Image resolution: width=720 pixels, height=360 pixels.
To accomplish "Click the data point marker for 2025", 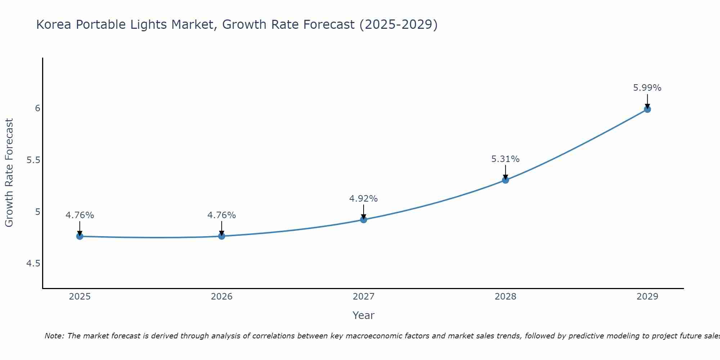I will pyautogui.click(x=80, y=237).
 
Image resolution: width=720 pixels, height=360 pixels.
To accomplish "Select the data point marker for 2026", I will pyautogui.click(x=222, y=236).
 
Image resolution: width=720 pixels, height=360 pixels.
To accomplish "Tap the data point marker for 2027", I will pyautogui.click(x=364, y=220).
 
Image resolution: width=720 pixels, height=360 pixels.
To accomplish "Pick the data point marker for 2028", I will pyautogui.click(x=505, y=180).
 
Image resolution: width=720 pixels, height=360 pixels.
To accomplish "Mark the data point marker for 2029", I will pyautogui.click(x=647, y=109).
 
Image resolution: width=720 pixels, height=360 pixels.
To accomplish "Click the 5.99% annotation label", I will pyautogui.click(x=647, y=88).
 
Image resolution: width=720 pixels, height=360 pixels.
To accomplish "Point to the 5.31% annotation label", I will pyautogui.click(x=505, y=159).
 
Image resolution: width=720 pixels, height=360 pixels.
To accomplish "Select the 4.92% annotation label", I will pyautogui.click(x=364, y=199).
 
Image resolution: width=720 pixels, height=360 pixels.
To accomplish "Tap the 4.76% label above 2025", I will pyautogui.click(x=80, y=215).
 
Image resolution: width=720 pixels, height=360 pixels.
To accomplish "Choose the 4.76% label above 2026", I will pyautogui.click(x=222, y=215).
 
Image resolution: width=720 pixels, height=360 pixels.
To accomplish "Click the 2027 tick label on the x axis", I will pyautogui.click(x=364, y=297).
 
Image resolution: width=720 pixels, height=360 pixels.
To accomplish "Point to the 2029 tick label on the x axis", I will pyautogui.click(x=647, y=297).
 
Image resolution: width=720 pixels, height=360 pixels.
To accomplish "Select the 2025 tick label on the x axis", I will pyautogui.click(x=80, y=297).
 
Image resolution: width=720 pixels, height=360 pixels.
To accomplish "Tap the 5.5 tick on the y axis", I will pyautogui.click(x=33, y=160).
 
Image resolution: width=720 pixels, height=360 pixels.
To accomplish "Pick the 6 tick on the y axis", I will pyautogui.click(x=37, y=108).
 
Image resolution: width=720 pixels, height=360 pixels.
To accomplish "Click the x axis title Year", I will pyautogui.click(x=364, y=315).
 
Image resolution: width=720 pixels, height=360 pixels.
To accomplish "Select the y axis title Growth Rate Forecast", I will pyautogui.click(x=9, y=173).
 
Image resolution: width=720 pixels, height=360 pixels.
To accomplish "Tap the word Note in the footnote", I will pyautogui.click(x=54, y=336).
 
